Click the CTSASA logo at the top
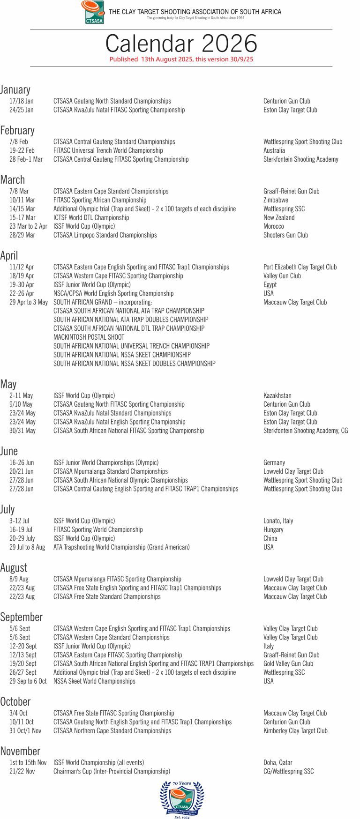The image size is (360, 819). (93, 12)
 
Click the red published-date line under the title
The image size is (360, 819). (181, 60)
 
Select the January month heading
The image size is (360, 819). (15, 89)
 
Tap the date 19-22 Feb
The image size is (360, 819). (22, 150)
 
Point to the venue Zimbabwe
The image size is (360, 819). (276, 200)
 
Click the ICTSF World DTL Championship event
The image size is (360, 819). (91, 217)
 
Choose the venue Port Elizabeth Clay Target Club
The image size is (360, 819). (300, 267)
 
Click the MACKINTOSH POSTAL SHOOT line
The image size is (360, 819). (89, 337)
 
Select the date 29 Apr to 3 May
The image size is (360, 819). (29, 302)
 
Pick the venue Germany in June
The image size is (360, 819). (274, 462)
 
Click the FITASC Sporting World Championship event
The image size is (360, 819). (98, 529)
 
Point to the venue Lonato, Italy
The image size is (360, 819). (278, 521)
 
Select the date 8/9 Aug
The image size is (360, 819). (19, 579)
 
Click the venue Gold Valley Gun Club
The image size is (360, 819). (288, 663)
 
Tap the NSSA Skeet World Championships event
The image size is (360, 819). (94, 681)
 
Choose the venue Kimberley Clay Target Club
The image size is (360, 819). (295, 730)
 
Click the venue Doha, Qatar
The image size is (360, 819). (277, 762)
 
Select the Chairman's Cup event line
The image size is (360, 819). (112, 771)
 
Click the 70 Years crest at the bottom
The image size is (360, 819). (182, 799)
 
